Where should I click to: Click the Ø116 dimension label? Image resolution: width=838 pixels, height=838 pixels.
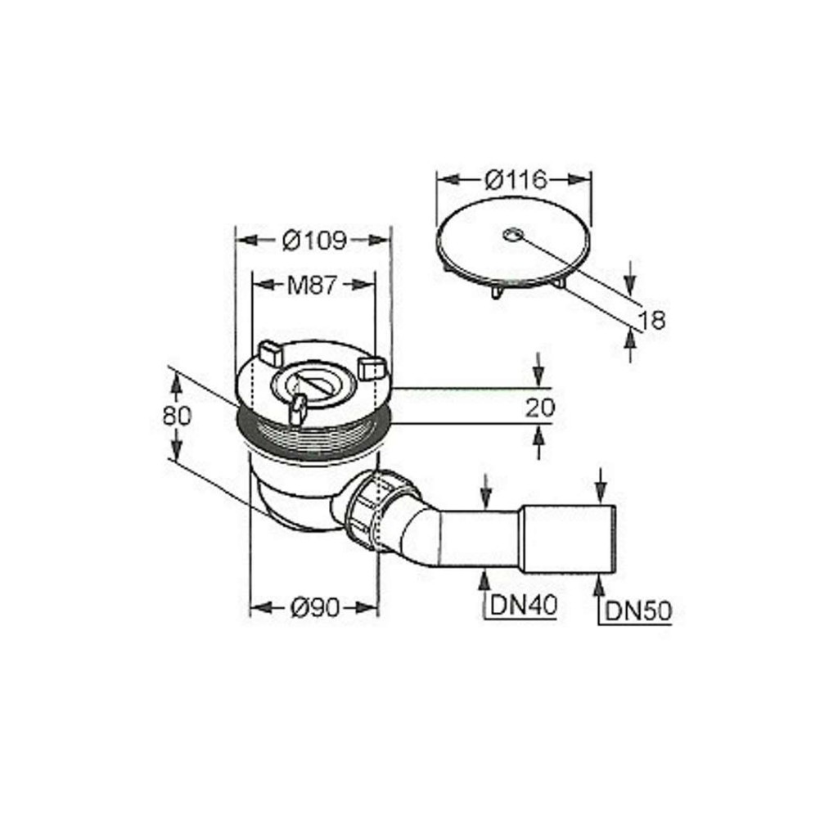[x=516, y=179]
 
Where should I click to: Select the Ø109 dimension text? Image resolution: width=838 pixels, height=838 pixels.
[x=315, y=241]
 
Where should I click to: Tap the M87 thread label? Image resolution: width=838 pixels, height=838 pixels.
[x=312, y=286]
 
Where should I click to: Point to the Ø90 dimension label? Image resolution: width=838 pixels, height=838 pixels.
[x=315, y=608]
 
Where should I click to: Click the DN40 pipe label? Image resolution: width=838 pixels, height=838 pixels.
[x=524, y=605]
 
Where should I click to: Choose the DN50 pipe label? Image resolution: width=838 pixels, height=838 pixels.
[x=638, y=611]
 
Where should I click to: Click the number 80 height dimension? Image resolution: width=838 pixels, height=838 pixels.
[x=177, y=415]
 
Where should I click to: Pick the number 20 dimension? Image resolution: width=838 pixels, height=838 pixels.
[x=540, y=408]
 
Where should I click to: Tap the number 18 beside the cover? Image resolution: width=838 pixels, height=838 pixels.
[x=652, y=320]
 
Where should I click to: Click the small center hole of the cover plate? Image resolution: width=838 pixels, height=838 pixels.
[x=512, y=233]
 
